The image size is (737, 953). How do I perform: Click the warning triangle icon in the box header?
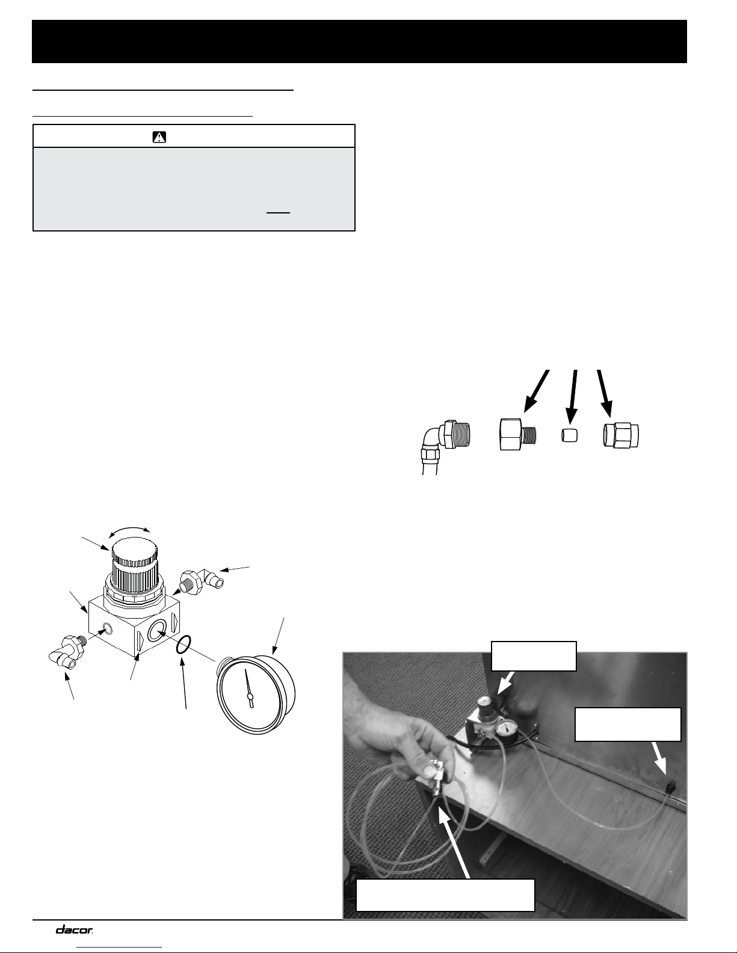click(159, 137)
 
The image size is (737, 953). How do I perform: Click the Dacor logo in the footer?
click(74, 930)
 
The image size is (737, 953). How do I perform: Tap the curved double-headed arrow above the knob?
click(129, 529)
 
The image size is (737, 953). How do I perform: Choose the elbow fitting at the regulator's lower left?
click(66, 652)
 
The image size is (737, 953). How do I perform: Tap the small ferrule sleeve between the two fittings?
click(570, 435)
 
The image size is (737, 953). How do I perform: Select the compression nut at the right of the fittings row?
click(621, 435)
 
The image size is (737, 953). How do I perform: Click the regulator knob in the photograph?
click(485, 706)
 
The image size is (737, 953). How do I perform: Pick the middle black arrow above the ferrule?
click(572, 396)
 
